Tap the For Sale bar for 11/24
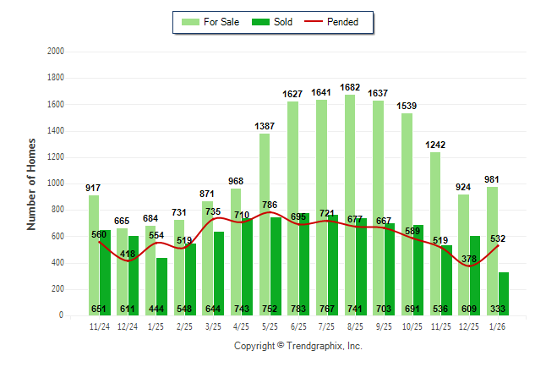click(x=94, y=254)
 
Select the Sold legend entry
click(x=274, y=22)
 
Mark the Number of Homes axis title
click(x=31, y=183)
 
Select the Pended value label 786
click(x=270, y=205)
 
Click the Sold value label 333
click(x=498, y=309)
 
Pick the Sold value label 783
click(x=299, y=309)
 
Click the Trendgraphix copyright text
click(x=298, y=346)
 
